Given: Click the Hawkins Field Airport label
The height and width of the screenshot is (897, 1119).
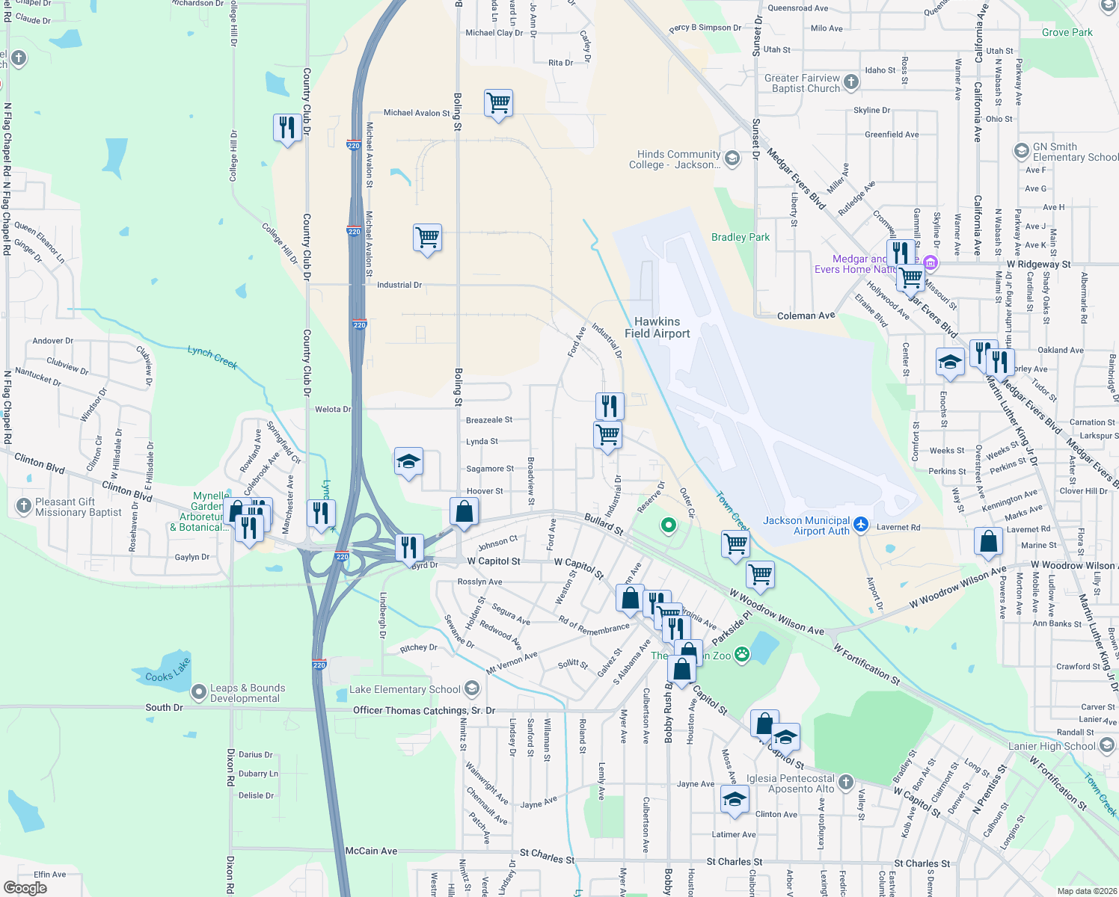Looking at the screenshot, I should click(657, 327).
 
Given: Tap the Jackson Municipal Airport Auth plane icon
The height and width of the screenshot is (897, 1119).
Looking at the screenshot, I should click(860, 525).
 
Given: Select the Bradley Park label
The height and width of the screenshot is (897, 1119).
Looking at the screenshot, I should click(740, 237).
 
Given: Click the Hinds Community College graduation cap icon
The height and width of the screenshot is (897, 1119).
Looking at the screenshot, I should click(732, 158).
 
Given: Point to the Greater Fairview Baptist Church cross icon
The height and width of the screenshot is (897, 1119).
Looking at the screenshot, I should click(851, 82).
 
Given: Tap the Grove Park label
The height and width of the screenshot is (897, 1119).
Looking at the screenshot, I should click(1067, 32).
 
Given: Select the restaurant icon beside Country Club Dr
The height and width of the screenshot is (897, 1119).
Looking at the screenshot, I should click(288, 128).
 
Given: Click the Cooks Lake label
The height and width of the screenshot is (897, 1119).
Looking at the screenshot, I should click(168, 671).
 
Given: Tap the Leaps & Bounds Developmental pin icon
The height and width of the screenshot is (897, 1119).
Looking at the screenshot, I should click(198, 693).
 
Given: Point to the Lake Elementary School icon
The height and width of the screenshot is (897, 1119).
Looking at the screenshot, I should click(471, 688).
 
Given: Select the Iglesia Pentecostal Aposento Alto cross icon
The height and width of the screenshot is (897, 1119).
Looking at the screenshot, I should click(845, 783).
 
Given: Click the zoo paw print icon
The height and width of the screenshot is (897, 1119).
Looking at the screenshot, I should click(741, 656).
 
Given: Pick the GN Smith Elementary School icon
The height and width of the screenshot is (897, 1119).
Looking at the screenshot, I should click(1021, 152).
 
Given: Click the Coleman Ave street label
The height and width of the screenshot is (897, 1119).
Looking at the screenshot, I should click(806, 315).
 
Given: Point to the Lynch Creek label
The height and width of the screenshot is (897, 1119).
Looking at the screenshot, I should click(212, 357).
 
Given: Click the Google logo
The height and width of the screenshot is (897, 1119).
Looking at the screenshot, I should click(25, 888).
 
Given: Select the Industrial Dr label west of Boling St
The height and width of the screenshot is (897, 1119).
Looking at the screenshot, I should click(399, 285).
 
